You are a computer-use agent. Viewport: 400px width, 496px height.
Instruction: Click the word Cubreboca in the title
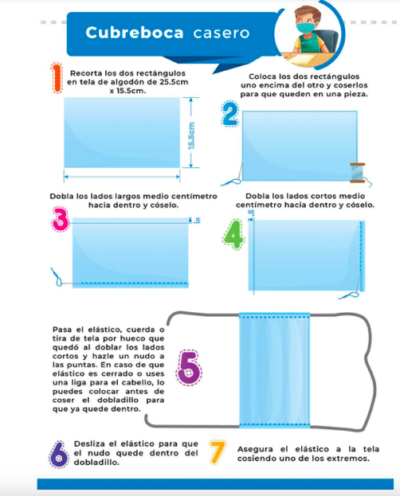pyautogui.click(x=135, y=33)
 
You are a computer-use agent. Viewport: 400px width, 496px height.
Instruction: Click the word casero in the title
pyautogui.click(x=222, y=33)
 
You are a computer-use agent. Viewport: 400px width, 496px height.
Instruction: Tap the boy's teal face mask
pyautogui.click(x=305, y=28)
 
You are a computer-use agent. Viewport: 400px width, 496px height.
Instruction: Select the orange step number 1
pyautogui.click(x=57, y=78)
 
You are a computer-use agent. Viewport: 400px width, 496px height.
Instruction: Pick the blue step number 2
pyautogui.click(x=230, y=114)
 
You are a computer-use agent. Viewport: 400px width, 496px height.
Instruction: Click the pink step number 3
pyautogui.click(x=61, y=219)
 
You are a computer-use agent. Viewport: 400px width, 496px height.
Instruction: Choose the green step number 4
pyautogui.click(x=233, y=234)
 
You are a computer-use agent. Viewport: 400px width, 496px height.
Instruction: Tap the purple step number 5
pyautogui.click(x=188, y=368)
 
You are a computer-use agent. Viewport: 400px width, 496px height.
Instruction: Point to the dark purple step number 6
pyautogui.click(x=59, y=455)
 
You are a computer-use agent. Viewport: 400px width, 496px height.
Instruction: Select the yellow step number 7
pyautogui.click(x=218, y=452)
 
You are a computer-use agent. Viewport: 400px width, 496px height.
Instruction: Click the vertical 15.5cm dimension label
pyautogui.click(x=191, y=136)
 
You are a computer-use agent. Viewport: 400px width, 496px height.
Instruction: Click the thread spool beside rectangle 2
pyautogui.click(x=358, y=173)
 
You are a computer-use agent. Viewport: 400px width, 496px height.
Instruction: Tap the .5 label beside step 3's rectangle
pyautogui.click(x=197, y=221)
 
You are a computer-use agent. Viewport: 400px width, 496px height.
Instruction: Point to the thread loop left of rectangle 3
pyautogui.click(x=57, y=277)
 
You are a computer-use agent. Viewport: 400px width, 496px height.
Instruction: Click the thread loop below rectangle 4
pyautogui.click(x=348, y=295)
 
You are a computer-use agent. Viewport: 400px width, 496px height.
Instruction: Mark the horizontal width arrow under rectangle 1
pyautogui.click(x=122, y=177)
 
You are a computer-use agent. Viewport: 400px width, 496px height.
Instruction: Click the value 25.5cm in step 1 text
pyautogui.click(x=173, y=82)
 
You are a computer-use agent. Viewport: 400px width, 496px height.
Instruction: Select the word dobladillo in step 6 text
pyautogui.click(x=96, y=463)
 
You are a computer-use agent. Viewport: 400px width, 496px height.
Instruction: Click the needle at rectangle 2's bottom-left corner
pyautogui.click(x=241, y=171)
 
